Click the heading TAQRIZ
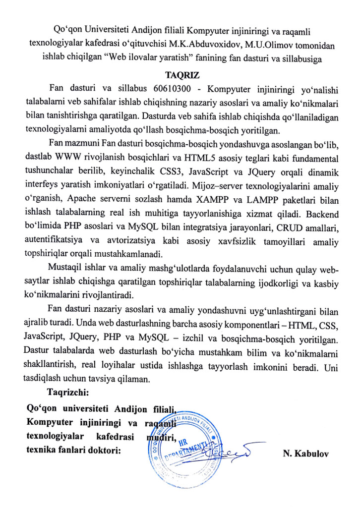tap(179, 75)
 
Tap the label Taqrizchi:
tap(67, 393)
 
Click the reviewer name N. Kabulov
tap(303, 453)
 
